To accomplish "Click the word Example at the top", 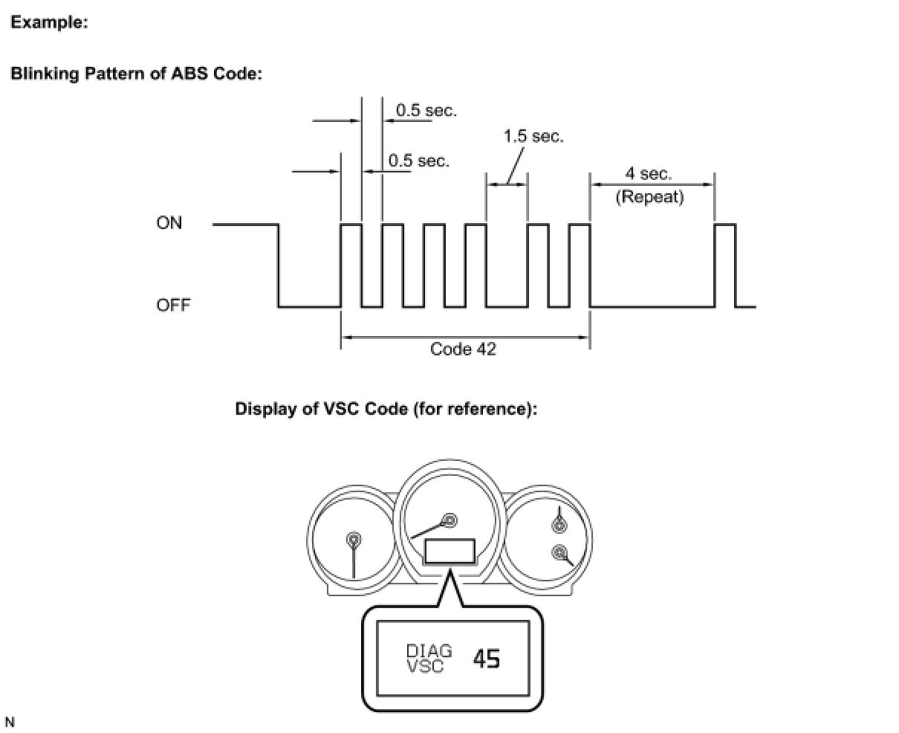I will (49, 22).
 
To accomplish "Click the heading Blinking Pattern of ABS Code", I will (136, 74).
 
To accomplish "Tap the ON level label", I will (169, 223).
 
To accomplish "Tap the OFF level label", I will (172, 306).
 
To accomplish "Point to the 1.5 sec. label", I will (533, 137).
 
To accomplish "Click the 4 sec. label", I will (648, 174).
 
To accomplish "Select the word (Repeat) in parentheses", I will (649, 198).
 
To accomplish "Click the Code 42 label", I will (463, 349).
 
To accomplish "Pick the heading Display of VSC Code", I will (386, 409).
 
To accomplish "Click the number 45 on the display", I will (487, 658).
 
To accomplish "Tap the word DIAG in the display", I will (429, 651).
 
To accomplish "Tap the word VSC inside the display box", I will (425, 666).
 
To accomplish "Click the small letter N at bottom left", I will (10, 723).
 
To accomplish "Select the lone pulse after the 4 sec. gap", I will (725, 264).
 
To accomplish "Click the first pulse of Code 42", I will (351, 264).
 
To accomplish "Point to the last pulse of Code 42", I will (580, 264).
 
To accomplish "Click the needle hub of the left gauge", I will (354, 539).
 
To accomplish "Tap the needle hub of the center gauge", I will (449, 519).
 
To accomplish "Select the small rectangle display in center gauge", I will (449, 551).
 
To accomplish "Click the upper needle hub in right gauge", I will (559, 526).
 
